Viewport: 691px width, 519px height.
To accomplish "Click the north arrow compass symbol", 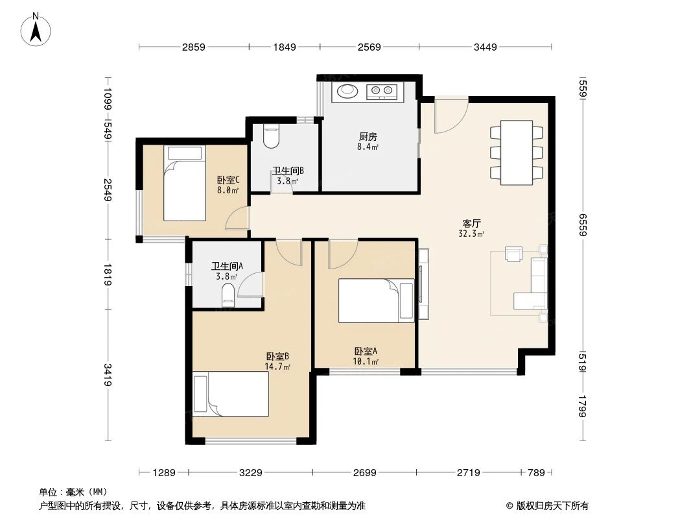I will coord(37,29).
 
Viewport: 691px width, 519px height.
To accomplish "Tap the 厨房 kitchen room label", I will coord(368,137).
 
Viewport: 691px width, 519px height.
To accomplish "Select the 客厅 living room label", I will coord(472,223).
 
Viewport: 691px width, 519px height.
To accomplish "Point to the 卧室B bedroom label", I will coord(277,356).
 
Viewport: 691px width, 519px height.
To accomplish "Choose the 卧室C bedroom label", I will coord(228,180).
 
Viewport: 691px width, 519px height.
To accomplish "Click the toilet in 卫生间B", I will coord(271,136).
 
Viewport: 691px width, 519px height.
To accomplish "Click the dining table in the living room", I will coord(517,152).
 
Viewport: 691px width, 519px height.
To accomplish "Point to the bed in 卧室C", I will coord(184,184).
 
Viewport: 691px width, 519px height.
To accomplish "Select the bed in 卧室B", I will coord(230,394).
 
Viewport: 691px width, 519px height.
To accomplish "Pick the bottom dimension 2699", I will coord(365,473).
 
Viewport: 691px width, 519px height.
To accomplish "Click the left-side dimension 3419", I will coord(108,375).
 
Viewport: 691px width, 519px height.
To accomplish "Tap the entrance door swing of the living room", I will coord(449,117).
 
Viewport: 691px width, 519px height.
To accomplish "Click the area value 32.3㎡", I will coord(472,234).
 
